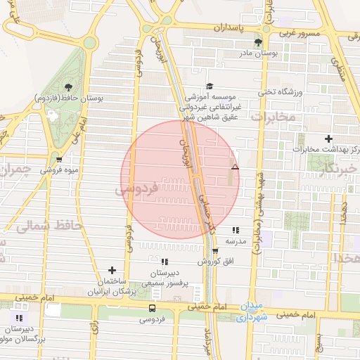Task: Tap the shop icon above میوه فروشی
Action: (x=58, y=160)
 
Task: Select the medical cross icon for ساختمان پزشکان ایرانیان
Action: (x=112, y=270)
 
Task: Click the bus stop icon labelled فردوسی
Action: (x=153, y=308)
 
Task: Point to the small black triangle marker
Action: (x=235, y=167)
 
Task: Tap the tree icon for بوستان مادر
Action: (x=267, y=42)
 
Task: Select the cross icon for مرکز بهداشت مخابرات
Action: (x=328, y=139)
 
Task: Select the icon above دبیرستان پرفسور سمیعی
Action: (x=165, y=262)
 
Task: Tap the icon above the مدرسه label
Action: (x=235, y=230)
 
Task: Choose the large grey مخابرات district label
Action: (x=274, y=117)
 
